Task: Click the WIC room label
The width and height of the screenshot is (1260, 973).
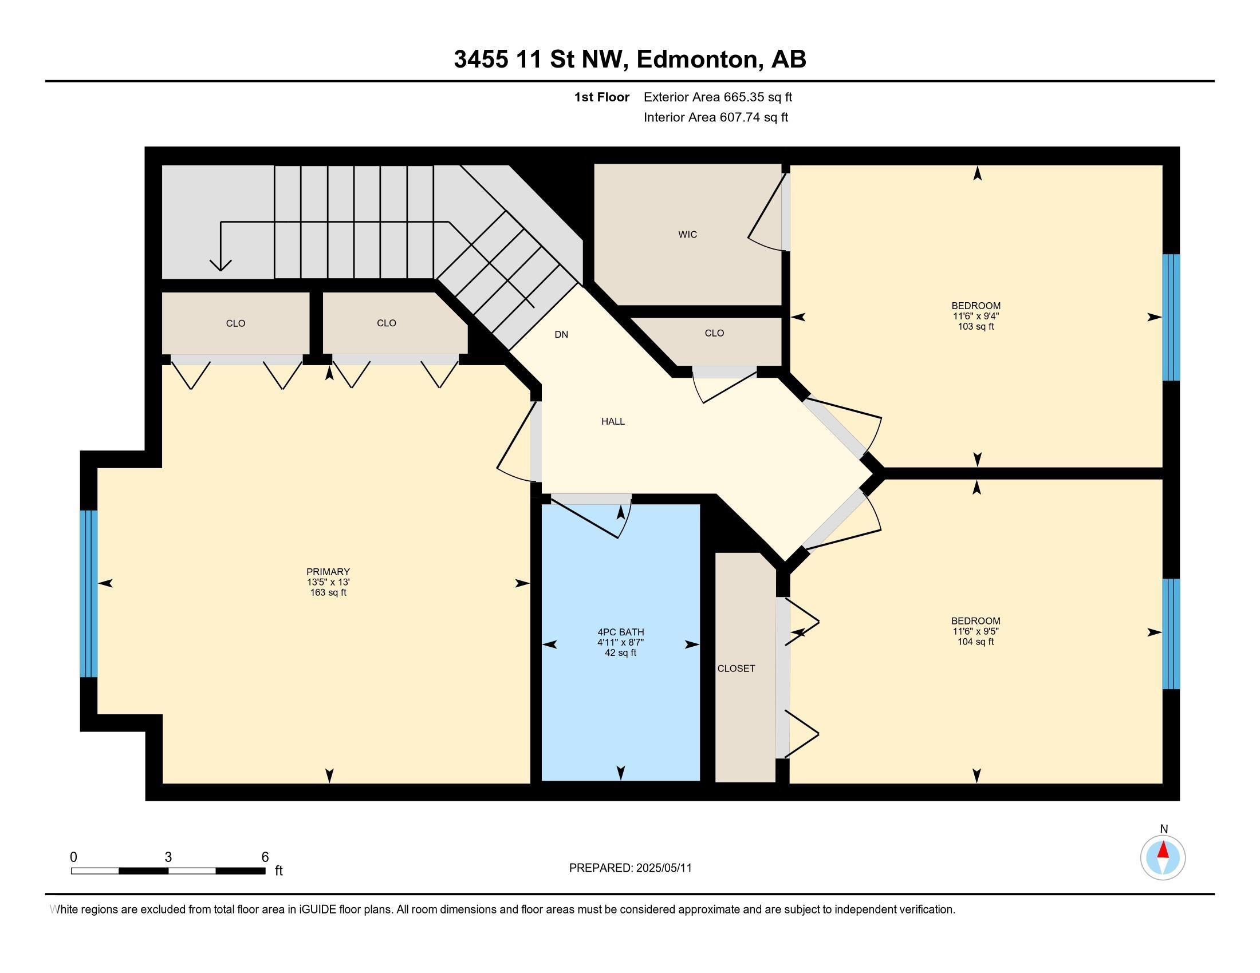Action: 687,235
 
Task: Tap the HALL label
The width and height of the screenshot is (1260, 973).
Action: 613,421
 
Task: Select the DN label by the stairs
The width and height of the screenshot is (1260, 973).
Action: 561,334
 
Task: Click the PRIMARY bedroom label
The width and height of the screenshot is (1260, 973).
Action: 328,572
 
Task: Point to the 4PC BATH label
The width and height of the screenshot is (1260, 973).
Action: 621,632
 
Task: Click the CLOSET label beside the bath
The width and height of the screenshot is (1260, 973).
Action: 736,669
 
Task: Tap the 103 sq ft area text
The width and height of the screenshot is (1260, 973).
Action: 975,326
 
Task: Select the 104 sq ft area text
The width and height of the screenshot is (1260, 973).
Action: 975,642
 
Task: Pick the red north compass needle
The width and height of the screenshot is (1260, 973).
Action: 1163,849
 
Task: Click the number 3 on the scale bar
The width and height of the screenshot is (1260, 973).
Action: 168,857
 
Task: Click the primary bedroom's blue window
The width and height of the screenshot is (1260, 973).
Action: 88,594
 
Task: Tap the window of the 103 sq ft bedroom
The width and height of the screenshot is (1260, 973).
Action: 1171,318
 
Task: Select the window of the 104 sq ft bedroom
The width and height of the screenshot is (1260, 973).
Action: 1171,634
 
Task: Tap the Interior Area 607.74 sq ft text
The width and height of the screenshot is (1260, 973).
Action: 715,117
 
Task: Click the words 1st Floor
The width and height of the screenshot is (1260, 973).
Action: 602,97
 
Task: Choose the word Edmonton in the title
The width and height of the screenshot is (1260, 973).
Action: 697,60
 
